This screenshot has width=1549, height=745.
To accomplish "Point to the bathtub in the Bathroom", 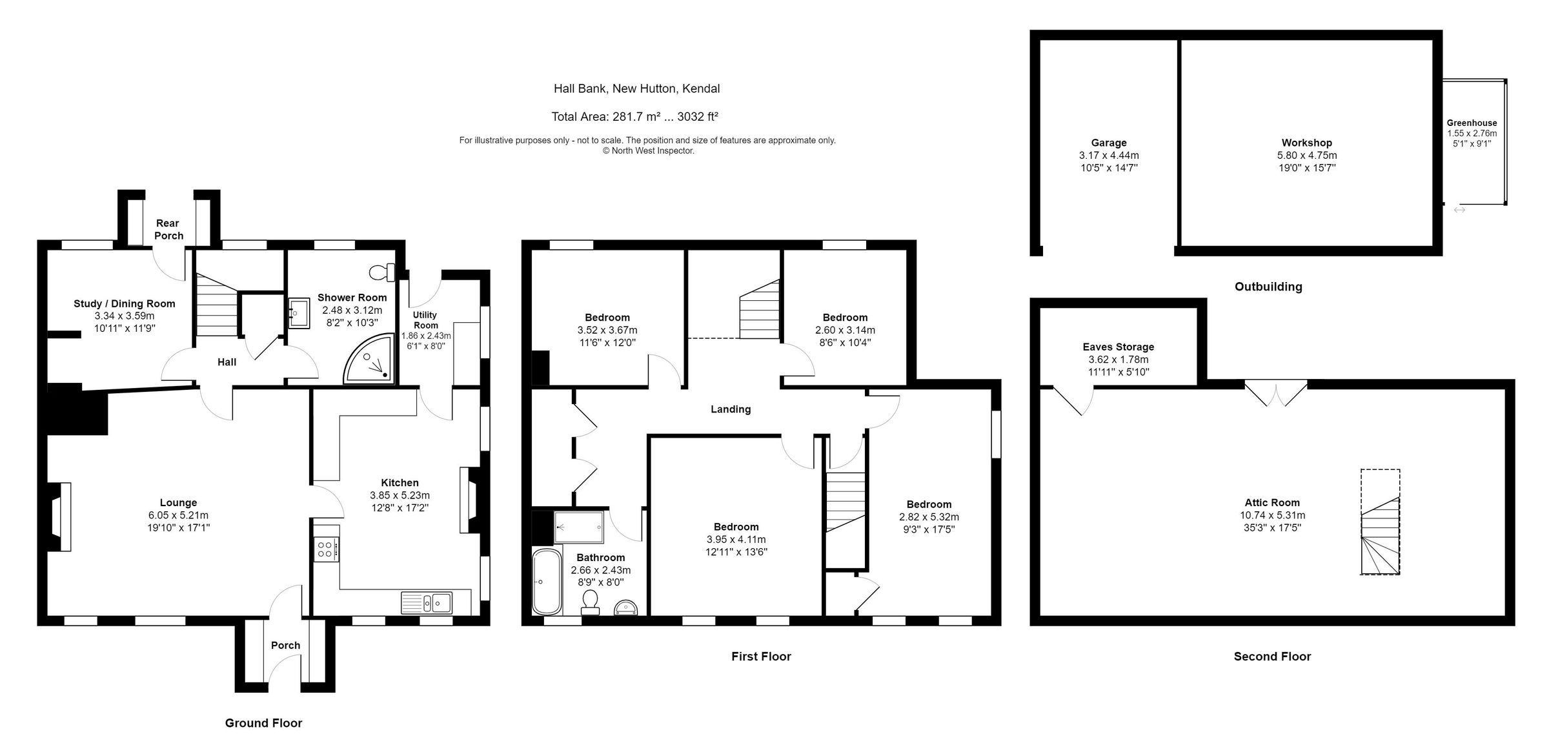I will pos(547,582).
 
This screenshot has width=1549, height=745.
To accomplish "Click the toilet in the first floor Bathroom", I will pos(589,602).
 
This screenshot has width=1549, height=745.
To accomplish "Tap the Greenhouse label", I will pos(1472,123).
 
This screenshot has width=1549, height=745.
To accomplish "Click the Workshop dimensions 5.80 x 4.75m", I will pos(1306,156).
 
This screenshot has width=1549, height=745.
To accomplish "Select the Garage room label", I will pos(1108,143).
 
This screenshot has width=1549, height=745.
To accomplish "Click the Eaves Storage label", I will pos(1118,347).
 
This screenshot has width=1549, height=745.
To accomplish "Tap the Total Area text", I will pos(634,117).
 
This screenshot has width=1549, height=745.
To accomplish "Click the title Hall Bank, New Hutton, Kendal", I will pos(636,88).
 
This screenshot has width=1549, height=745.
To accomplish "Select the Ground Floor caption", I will pos(263,723).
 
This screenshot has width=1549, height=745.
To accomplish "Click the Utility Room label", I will pos(425,320).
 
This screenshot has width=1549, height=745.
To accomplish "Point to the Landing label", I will pos(730,409).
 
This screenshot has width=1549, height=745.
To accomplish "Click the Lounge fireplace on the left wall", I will pos(59,516).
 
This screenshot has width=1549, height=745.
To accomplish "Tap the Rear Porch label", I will pos(168,229).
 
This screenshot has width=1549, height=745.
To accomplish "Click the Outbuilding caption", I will pos(1268,287).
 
